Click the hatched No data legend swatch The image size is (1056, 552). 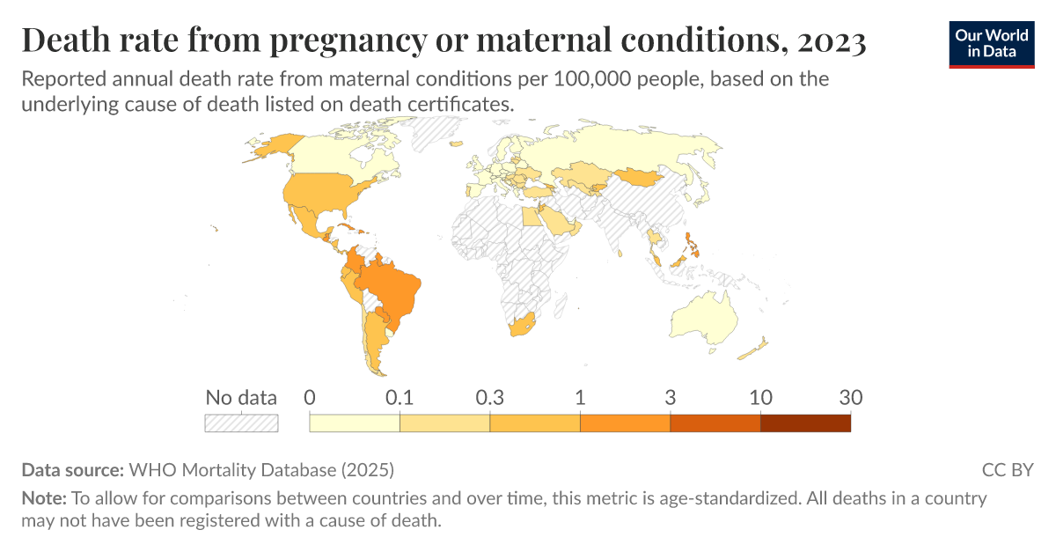(x=241, y=423)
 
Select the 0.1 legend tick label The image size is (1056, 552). (x=400, y=397)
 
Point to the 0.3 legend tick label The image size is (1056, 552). (x=489, y=397)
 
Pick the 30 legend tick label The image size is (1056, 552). (x=850, y=397)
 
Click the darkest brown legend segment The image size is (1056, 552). (x=805, y=423)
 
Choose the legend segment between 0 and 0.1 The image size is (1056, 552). (x=355, y=423)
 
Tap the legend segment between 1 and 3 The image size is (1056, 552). (x=625, y=423)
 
